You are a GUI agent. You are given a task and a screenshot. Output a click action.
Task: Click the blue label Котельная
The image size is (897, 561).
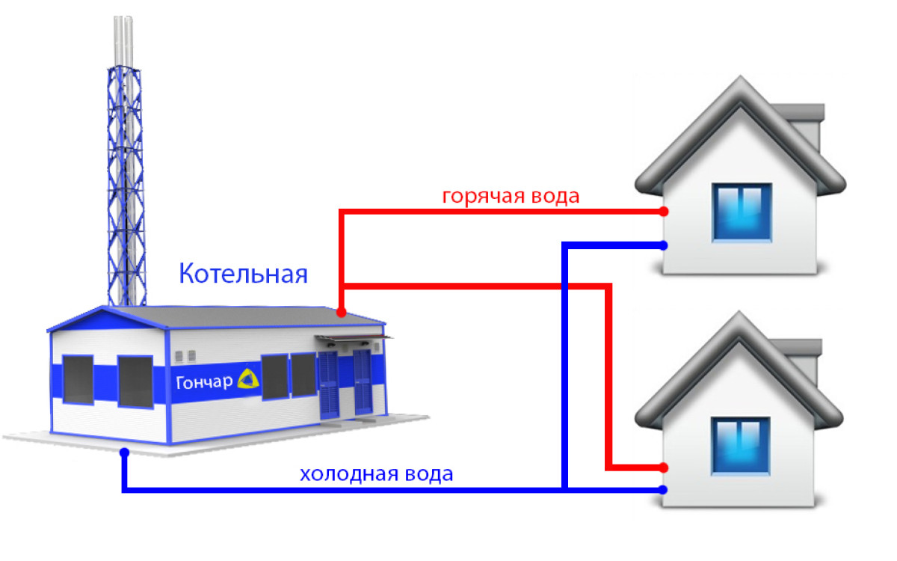[x=243, y=274]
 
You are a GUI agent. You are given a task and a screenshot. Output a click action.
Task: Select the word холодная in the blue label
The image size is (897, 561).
[x=349, y=474]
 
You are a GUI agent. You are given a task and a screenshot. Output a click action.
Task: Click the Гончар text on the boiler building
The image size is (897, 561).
[x=204, y=382]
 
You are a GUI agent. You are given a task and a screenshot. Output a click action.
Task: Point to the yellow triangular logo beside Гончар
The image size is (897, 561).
[x=248, y=378]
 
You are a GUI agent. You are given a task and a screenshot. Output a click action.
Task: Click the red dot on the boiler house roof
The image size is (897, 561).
[x=341, y=312]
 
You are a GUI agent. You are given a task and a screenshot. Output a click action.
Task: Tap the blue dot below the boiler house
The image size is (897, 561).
[x=125, y=453]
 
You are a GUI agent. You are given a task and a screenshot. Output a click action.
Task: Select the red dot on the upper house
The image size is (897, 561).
[x=664, y=211]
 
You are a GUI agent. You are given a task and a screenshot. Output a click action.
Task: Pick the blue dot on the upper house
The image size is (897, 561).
[x=664, y=245]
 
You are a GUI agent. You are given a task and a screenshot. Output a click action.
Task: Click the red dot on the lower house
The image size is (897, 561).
[x=664, y=467]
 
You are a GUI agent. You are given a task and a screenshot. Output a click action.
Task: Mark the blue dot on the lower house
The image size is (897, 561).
[x=664, y=489]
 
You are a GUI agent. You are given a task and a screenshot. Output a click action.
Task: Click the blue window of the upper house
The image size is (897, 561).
[x=742, y=212]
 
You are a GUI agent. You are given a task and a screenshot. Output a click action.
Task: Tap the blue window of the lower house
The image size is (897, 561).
[x=741, y=446]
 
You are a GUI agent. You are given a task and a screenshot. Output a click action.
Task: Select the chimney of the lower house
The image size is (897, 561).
[x=799, y=358]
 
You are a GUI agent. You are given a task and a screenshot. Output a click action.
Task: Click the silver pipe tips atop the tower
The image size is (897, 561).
[x=123, y=40]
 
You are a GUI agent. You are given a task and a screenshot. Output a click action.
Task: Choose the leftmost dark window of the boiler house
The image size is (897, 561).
[x=78, y=379]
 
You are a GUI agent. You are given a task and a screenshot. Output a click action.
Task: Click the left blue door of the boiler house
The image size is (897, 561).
[x=329, y=384]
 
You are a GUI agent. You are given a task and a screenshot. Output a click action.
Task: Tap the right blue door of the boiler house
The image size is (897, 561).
[x=363, y=382]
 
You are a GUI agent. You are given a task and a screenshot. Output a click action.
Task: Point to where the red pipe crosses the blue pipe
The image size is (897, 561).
[x=564, y=286]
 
